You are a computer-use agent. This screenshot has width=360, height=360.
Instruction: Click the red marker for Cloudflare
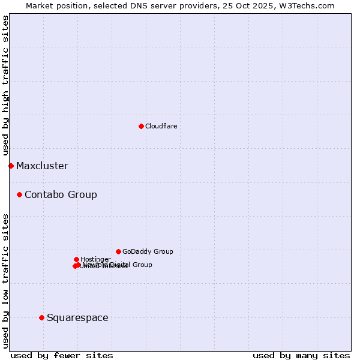[x=141, y=126]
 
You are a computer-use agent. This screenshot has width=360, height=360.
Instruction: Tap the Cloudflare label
[x=161, y=126]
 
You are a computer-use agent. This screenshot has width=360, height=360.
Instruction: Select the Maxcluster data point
[x=11, y=166]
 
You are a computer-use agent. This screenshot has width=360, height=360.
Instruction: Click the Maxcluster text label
[x=42, y=166]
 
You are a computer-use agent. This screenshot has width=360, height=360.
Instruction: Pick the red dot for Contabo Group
[x=20, y=194]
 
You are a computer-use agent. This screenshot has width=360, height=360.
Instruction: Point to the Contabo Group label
[x=61, y=195]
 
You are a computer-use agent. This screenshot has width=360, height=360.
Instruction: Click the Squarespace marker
[x=41, y=317]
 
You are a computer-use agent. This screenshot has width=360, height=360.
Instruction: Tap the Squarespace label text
[x=77, y=318]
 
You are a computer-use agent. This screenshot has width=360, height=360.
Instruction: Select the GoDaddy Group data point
[x=118, y=251]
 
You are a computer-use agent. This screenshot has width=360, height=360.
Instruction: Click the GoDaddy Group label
[x=148, y=252]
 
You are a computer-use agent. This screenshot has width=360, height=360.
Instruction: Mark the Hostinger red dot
[x=76, y=259]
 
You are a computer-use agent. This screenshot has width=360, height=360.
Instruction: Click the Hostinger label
[x=95, y=259]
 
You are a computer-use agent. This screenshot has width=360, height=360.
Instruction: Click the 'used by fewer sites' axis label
[x=62, y=355]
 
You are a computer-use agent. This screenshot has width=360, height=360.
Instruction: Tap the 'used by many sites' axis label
[x=301, y=355]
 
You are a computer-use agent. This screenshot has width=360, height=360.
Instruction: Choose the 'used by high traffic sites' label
[x=5, y=85]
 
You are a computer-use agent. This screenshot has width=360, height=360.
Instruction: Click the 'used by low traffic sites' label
[x=5, y=280]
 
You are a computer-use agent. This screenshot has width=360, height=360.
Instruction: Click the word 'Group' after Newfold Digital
[x=142, y=265]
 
